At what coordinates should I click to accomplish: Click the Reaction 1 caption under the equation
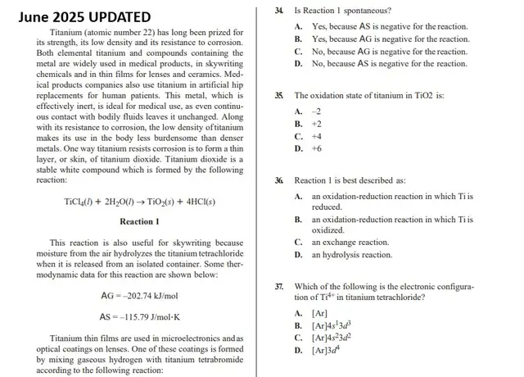coord(139,221)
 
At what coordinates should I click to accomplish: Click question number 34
coord(280,11)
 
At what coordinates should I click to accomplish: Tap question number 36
coord(280,180)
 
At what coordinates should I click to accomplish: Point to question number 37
coord(280,287)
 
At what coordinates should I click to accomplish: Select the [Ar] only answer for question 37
coord(320,313)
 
